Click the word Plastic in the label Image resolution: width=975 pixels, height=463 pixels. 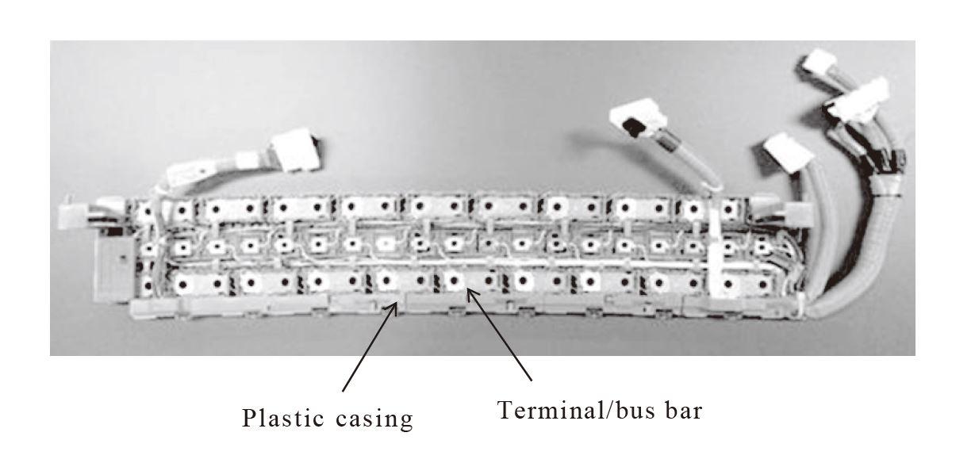coord(279,418)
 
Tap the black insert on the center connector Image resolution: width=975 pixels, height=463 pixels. coord(635,127)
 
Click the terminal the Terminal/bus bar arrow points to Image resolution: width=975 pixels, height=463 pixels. coord(455,280)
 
